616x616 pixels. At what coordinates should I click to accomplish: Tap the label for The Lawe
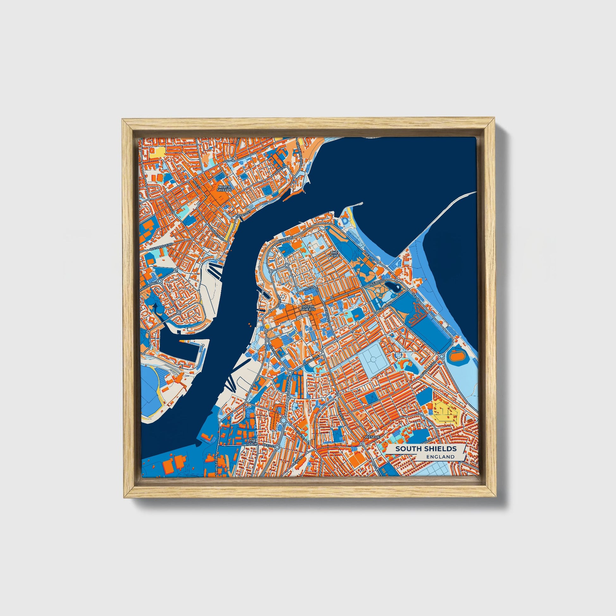point(334,254)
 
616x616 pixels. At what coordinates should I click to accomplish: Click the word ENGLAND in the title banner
point(441,456)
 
